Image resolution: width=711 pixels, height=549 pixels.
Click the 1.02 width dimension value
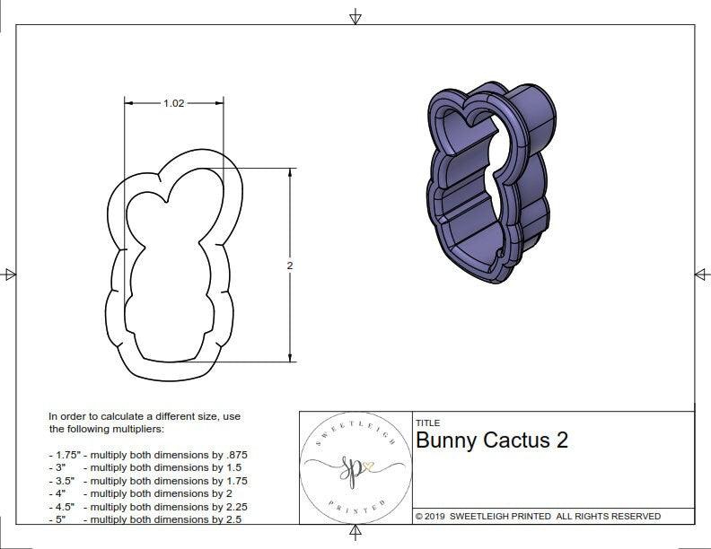(173, 103)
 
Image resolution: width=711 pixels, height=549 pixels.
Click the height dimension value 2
(290, 266)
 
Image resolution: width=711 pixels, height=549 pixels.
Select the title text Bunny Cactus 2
(491, 440)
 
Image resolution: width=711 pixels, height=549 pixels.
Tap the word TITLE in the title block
(427, 423)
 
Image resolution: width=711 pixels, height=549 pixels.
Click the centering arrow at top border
(355, 16)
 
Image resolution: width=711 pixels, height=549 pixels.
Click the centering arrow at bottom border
(355, 535)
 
